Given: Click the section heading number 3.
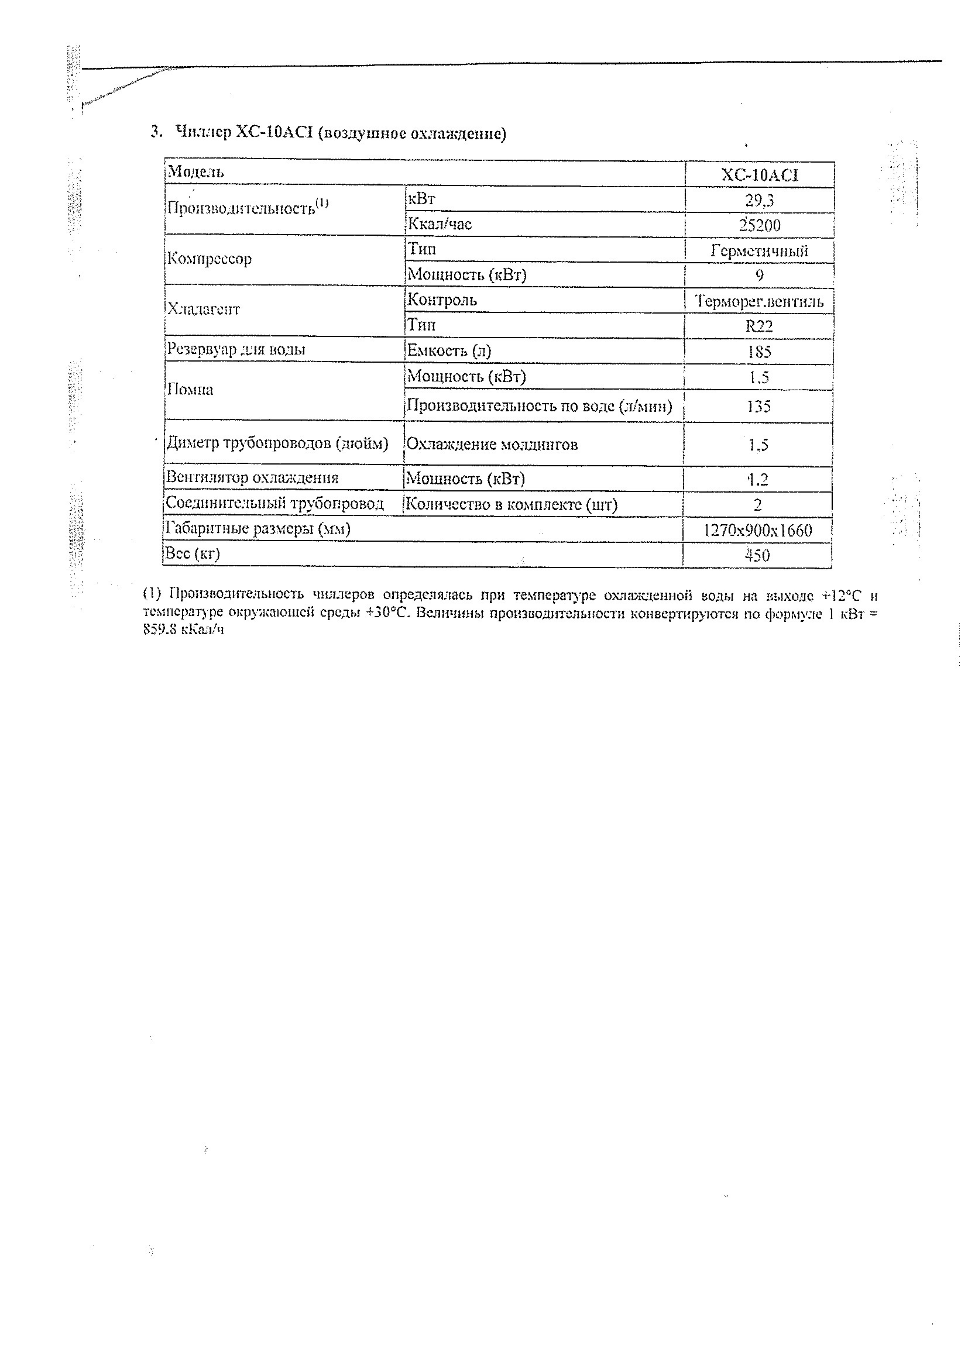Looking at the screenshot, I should point(156,132).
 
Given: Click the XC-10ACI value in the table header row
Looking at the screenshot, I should point(759,175).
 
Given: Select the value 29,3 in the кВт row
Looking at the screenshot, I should point(759,200).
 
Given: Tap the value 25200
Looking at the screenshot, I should point(759,225).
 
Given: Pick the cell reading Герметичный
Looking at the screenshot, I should point(759,250).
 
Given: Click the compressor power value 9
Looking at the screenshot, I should point(759,276).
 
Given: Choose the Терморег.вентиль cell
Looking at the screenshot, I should point(759,301).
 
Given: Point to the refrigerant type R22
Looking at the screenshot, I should point(759,326).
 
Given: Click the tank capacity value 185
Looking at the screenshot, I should point(759,352).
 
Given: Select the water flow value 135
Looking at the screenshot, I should point(758,407).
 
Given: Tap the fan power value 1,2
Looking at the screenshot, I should point(758,479).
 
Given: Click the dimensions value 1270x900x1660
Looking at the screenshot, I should point(757,530).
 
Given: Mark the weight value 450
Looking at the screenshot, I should point(757,556).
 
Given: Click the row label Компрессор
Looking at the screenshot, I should point(210,259).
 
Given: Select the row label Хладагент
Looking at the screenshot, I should point(204,309).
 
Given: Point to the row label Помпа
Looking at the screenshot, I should point(190,390).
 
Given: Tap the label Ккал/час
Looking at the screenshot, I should point(440,225).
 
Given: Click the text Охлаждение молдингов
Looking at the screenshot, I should point(492,445).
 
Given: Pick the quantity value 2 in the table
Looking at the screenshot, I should point(757,505).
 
